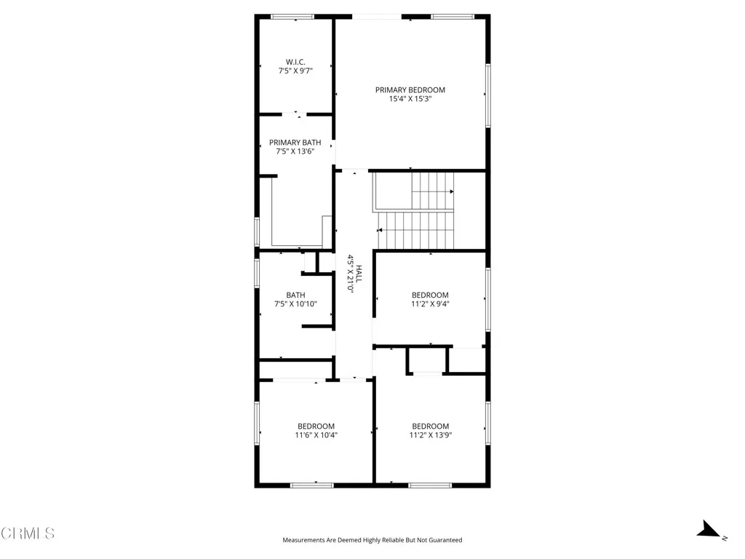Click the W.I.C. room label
pos(295,61)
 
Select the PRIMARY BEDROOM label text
pos(410,90)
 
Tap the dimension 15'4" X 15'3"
pos(410,99)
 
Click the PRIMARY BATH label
pos(295,143)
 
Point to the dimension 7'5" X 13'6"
pos(295,151)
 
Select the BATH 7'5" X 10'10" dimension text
pos(295,304)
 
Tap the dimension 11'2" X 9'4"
pos(430,304)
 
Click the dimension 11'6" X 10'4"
pos(316,435)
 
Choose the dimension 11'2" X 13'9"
pos(430,435)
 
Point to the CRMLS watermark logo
pos(28,534)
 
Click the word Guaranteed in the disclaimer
pos(443,540)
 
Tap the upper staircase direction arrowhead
pos(451,191)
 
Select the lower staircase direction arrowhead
pos(380,231)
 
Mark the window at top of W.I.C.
pos(292,16)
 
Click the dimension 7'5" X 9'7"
pos(295,71)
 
